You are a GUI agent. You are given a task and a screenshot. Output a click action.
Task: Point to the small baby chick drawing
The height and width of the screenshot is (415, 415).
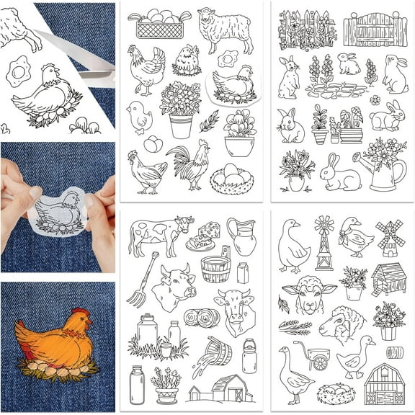tap(138, 115)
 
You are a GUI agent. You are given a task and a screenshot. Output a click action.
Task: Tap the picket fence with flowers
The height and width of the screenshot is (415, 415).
tap(306, 29)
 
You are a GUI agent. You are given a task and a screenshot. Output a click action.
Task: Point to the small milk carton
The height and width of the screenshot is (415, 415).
tap(243, 273)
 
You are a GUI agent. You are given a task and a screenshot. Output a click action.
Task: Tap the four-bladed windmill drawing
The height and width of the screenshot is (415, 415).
tap(390, 238)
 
